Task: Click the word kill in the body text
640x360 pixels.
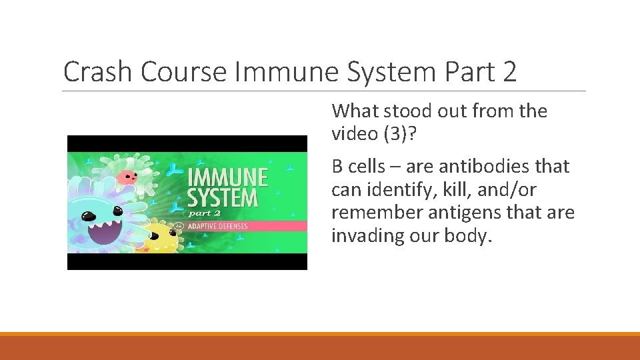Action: [443, 190]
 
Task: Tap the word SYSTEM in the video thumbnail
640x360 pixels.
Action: [222, 198]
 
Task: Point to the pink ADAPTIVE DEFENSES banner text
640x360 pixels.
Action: [217, 226]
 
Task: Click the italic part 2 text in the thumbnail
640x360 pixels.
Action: [204, 213]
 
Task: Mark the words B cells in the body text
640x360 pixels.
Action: [358, 166]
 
